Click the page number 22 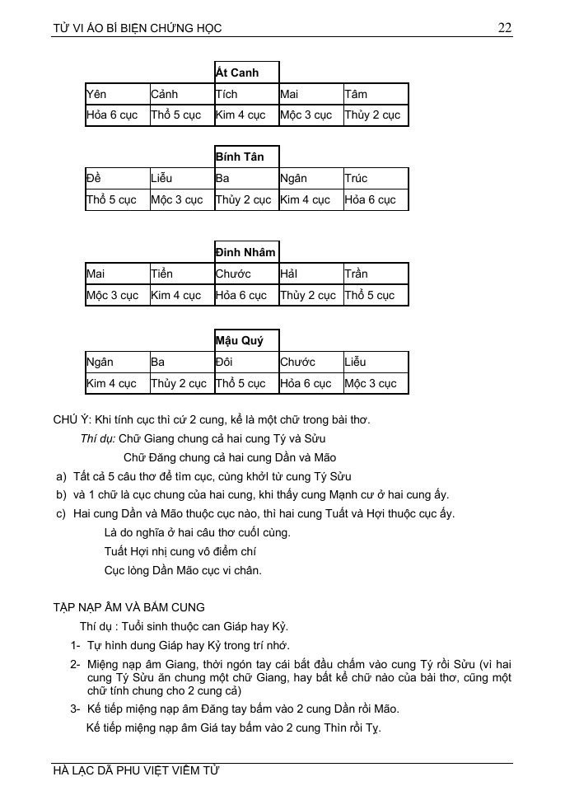point(505,28)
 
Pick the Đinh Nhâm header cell point(245,252)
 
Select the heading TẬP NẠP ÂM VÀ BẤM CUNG point(128,607)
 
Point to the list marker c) point(61,513)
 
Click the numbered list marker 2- point(75,664)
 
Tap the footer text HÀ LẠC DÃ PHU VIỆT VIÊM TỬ point(136,772)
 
